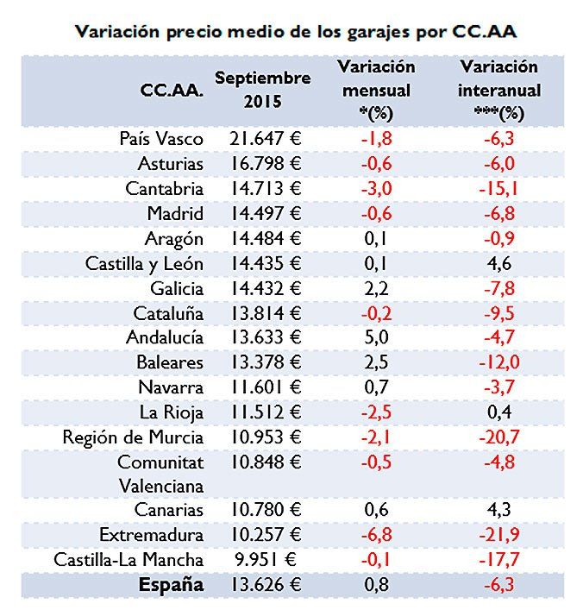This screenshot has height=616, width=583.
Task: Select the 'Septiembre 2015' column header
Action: coord(262,89)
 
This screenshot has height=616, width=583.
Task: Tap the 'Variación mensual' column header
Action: coord(376,89)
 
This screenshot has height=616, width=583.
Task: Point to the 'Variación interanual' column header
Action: coord(500,89)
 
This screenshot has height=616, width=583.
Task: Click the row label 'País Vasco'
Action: coord(162,138)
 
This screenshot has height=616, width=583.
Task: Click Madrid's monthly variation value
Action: coord(376,213)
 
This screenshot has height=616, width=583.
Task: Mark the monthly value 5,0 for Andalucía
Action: coord(376,337)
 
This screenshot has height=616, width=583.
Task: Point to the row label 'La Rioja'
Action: coord(172,412)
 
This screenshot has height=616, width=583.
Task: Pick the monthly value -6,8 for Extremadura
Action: coord(376,535)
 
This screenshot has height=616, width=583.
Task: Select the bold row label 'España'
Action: coord(171,585)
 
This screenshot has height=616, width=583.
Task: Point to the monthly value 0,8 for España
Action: coord(376,585)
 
